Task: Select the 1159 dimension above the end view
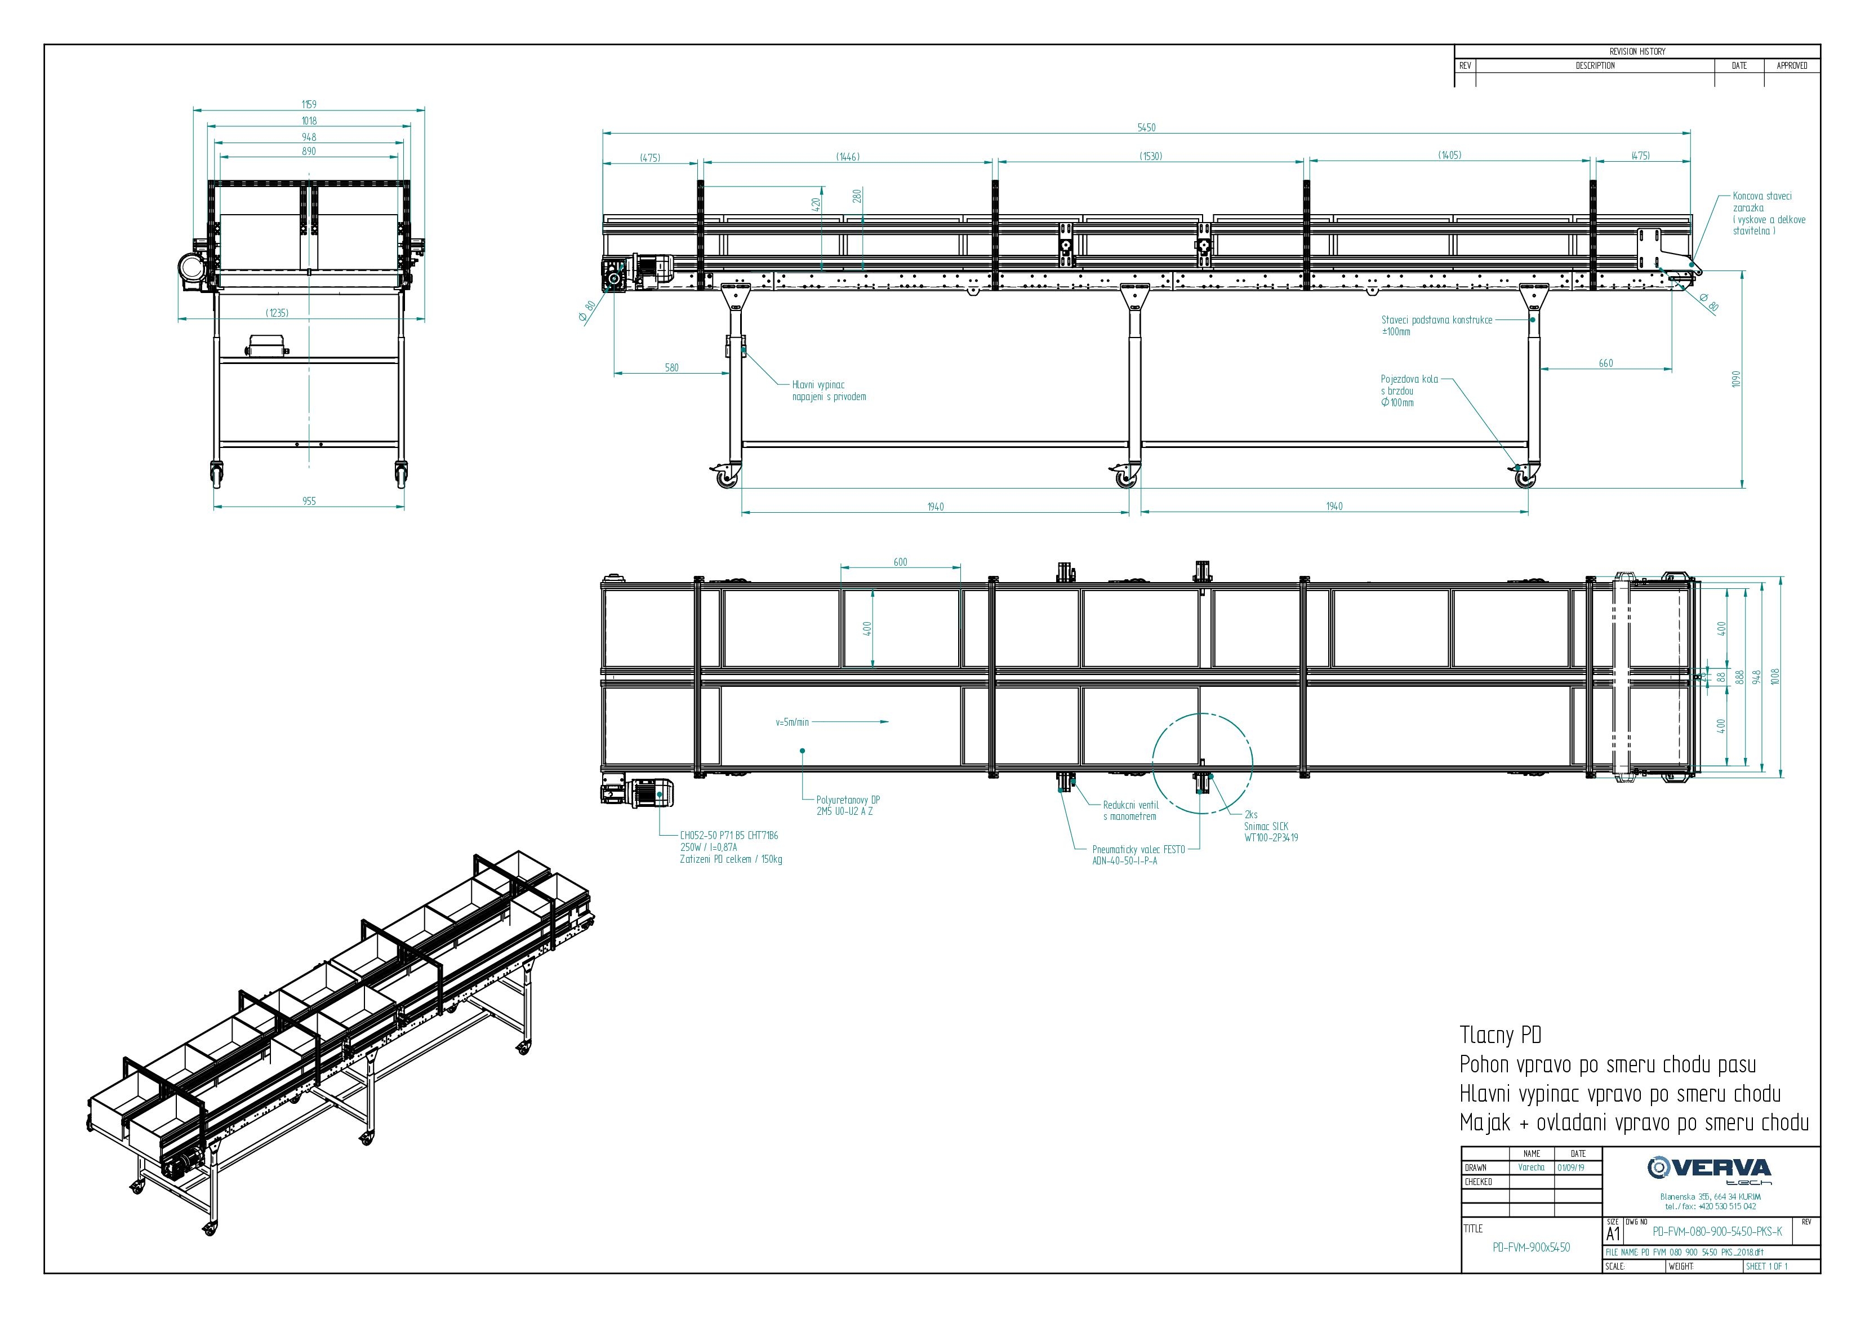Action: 309,104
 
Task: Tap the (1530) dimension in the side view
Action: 1151,156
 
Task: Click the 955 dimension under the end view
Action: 309,502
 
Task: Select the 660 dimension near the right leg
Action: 1605,363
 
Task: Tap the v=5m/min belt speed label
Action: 792,722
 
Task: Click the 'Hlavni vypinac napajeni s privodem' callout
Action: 829,391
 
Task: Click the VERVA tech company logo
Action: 1711,1169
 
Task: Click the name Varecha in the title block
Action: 1530,1168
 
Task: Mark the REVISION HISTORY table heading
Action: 1637,51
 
